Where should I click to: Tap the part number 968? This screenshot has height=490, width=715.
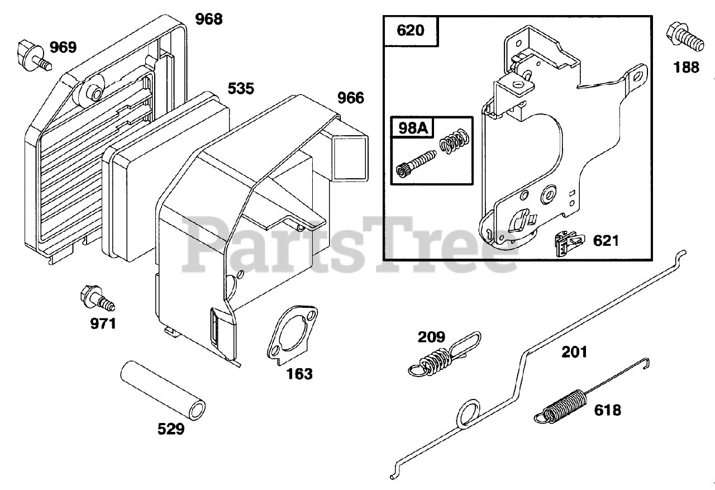[x=209, y=19]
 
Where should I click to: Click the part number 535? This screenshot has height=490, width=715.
[x=241, y=88]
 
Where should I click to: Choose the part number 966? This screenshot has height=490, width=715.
[x=350, y=98]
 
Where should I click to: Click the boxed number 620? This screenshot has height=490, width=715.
[x=411, y=30]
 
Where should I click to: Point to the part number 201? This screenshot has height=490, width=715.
[x=574, y=352]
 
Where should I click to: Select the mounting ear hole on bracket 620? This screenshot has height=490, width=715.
[x=637, y=74]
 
